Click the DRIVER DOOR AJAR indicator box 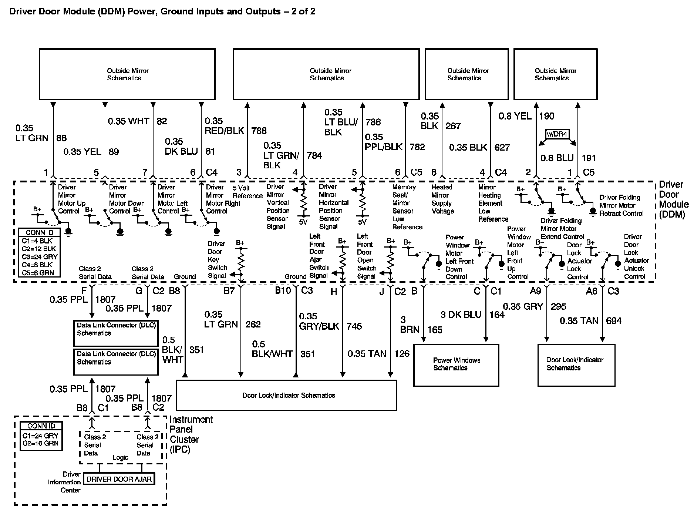coord(119,479)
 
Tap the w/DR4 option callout coord(557,134)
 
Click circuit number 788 coord(259,131)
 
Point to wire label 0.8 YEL coord(515,116)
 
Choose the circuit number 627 coord(502,147)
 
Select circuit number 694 coord(613,321)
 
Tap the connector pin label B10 coord(283,291)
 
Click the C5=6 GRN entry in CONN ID coord(40,273)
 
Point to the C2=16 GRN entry coord(41,443)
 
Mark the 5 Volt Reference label coord(247,192)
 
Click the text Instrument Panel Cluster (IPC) coord(191,434)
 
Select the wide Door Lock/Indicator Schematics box coord(286,395)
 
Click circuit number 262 coord(253,325)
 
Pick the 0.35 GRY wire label coord(523,306)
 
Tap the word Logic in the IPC coord(120,458)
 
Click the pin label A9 coord(535,291)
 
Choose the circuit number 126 coord(402,354)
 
